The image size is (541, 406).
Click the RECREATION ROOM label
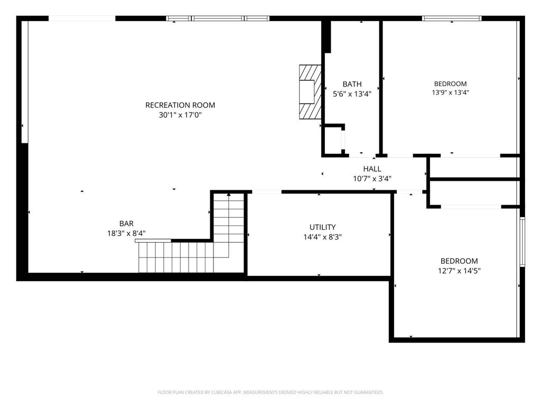tap(180, 105)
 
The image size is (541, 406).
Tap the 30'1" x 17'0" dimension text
tap(180, 115)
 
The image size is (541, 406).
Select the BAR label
tap(126, 224)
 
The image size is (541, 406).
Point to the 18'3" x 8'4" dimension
tap(126, 233)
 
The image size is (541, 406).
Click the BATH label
tap(352, 84)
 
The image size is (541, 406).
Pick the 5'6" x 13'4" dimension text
tap(352, 94)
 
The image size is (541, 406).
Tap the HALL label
tap(372, 169)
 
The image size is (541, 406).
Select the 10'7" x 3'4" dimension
tap(372, 179)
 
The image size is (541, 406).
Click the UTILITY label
tap(323, 227)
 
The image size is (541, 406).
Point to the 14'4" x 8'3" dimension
tap(323, 237)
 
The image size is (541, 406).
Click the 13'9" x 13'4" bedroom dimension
tap(450, 93)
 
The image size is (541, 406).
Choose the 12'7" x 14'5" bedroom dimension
tap(459, 271)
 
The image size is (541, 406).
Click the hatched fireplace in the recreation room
tap(310, 92)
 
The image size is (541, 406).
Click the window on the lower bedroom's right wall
tap(523, 242)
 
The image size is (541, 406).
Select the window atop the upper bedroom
tap(452, 19)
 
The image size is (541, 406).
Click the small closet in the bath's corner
tap(333, 140)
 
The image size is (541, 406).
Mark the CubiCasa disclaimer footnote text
tap(270, 392)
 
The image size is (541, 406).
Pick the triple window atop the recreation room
tap(218, 19)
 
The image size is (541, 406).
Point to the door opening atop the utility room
tap(266, 191)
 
